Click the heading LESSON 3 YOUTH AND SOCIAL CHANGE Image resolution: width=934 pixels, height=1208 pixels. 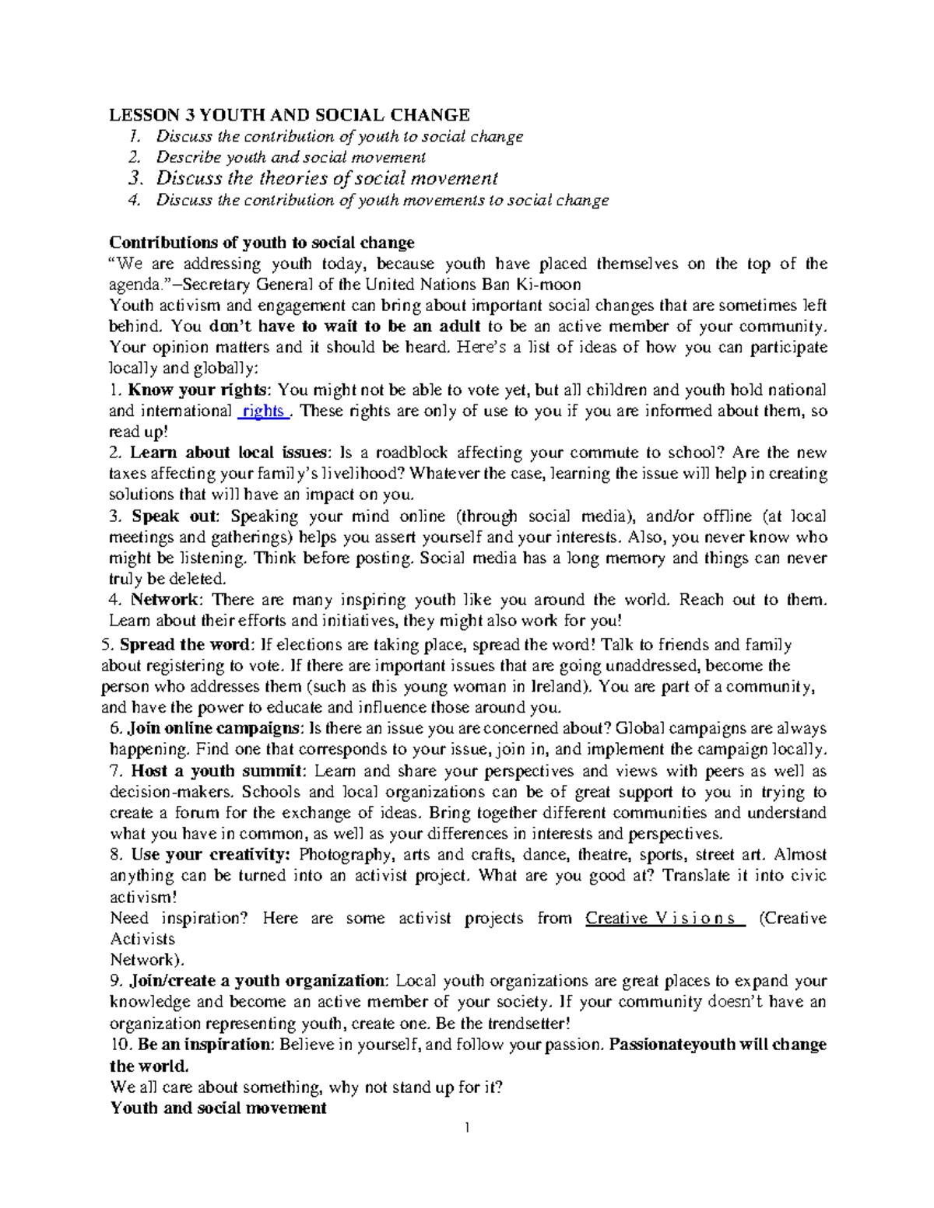point(289,115)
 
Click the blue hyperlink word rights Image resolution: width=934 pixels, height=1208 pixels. point(263,411)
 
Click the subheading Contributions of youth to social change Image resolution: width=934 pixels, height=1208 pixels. point(262,243)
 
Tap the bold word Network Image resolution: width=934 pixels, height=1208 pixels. point(164,600)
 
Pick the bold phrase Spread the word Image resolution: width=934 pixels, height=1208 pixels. point(184,644)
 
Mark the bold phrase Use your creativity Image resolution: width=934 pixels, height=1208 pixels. point(209,855)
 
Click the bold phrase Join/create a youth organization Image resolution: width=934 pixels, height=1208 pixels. point(256,981)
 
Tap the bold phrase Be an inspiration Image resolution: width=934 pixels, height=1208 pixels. point(202,1045)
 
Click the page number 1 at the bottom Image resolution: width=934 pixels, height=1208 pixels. point(467,1129)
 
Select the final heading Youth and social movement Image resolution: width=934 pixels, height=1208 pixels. point(218,1108)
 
